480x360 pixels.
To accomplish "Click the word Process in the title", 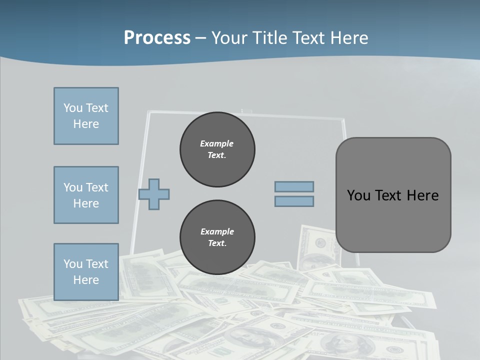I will [157, 37].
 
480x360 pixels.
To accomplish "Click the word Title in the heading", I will [270, 37].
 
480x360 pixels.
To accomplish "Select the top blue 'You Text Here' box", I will [86, 116].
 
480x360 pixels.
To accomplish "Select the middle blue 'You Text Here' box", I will [86, 195].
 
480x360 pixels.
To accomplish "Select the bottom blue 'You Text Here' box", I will [86, 272].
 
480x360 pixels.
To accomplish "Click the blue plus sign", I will [154, 194].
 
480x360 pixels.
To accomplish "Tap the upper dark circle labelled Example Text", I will [217, 149].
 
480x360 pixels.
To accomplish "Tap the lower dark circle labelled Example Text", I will [217, 237].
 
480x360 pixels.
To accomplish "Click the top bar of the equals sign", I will [294, 187].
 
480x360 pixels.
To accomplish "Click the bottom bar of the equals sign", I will [294, 201].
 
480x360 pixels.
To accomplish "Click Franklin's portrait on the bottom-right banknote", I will [340, 344].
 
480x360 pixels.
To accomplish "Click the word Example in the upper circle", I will [217, 143].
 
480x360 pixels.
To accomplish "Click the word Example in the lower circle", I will [217, 231].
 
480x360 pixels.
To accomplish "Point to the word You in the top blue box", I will [73, 108].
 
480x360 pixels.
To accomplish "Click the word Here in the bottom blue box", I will [86, 280].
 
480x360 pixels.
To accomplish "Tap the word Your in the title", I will [230, 37].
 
